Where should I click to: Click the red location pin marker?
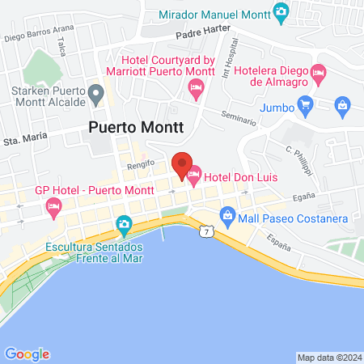[x=183, y=164]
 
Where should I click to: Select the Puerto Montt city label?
[x=136, y=127]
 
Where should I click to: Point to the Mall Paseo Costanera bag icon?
[x=227, y=216]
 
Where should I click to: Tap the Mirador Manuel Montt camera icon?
[x=281, y=11]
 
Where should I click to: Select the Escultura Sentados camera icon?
[x=124, y=223]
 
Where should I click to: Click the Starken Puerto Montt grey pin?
[x=96, y=96]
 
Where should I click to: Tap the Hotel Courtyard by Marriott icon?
[x=194, y=94]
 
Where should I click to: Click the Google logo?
[x=27, y=353]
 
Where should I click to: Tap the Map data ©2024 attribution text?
[x=329, y=358]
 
